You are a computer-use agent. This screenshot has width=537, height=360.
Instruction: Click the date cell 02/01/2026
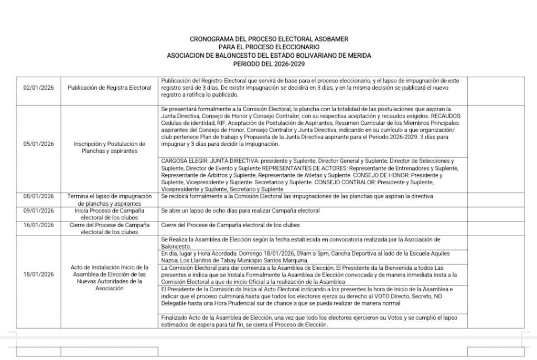point(39,88)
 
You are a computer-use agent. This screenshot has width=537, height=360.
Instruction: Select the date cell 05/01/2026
point(39,143)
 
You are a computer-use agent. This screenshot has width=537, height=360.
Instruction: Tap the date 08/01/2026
point(39,196)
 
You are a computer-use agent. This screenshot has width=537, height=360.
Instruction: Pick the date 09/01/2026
point(39,210)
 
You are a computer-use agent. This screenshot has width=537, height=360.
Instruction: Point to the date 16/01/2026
point(39,225)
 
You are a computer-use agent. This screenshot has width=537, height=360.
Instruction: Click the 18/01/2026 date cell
point(39,274)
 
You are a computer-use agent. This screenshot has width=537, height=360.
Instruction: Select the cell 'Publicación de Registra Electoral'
point(110,88)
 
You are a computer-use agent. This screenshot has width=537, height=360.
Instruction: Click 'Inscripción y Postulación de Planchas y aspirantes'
point(110,147)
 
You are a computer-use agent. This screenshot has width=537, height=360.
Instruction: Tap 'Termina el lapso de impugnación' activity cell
point(110,196)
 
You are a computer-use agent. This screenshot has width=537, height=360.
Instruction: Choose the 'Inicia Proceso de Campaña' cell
point(110,210)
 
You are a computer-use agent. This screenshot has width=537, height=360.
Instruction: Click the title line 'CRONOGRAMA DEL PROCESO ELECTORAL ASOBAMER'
point(269,39)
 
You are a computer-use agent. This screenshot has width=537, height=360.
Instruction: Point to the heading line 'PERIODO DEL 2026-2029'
point(269,63)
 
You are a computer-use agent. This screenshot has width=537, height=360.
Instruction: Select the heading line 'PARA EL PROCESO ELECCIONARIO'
point(269,47)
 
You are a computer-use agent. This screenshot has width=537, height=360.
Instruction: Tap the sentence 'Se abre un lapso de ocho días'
point(240,210)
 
